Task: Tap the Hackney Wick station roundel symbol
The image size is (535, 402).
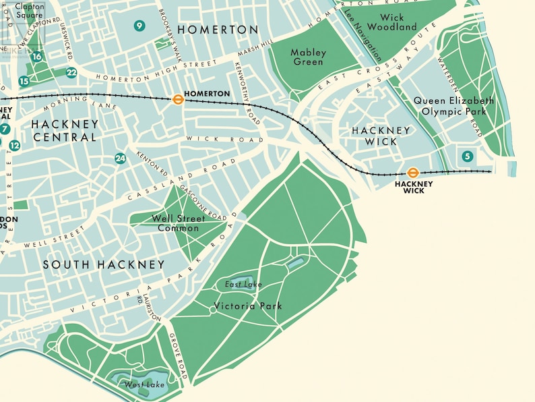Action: click(414, 173)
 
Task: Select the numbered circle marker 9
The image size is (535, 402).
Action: click(139, 26)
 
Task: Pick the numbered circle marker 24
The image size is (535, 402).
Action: click(120, 159)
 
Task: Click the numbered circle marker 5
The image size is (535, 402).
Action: click(468, 156)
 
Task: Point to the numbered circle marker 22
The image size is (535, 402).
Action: click(71, 73)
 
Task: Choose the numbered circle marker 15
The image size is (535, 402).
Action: click(24, 82)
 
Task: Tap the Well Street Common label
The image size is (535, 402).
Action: click(175, 223)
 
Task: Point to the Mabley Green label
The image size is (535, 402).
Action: click(308, 57)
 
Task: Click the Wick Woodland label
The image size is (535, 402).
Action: click(398, 22)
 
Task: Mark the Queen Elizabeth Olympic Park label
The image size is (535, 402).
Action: click(453, 106)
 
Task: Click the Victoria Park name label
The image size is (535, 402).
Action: click(248, 306)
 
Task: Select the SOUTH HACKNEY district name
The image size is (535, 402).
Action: click(104, 264)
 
